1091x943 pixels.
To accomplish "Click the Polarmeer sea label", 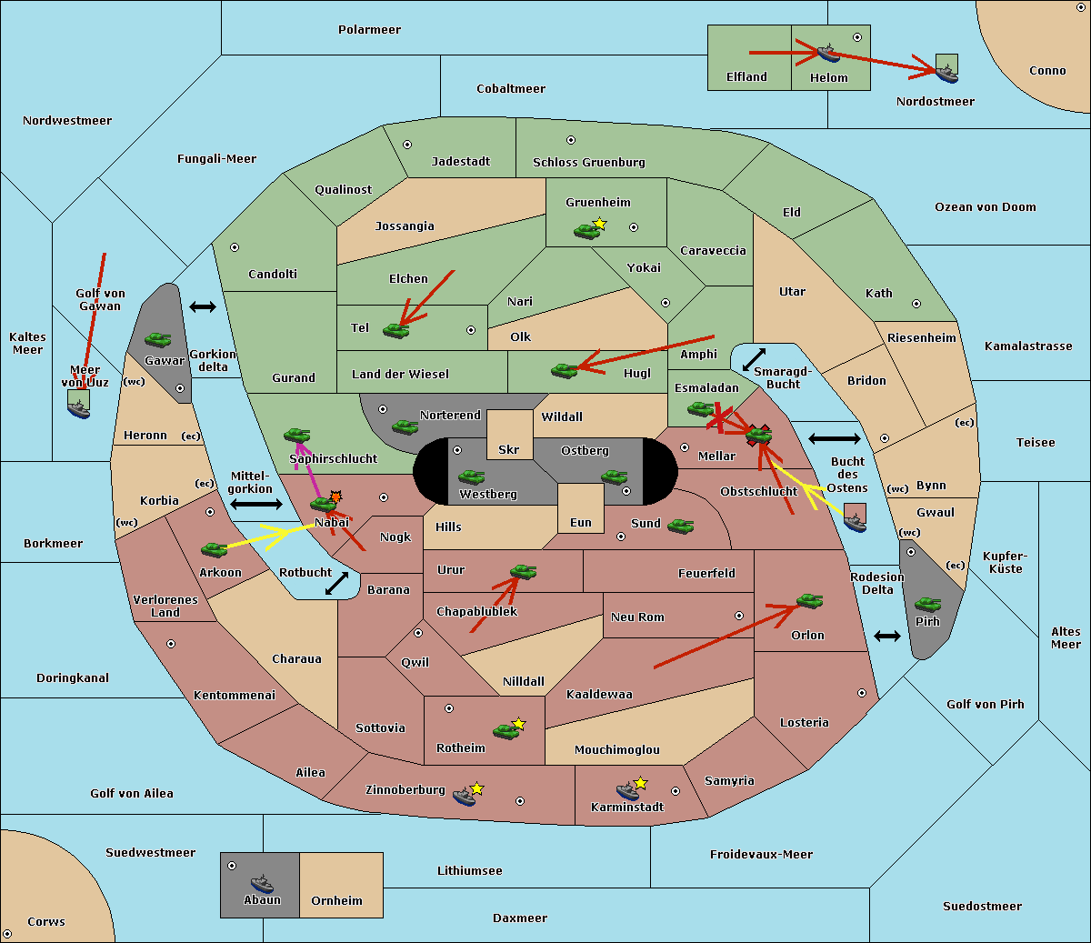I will pyautogui.click(x=369, y=30).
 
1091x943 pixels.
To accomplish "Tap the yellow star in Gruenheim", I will pyautogui.click(x=599, y=224).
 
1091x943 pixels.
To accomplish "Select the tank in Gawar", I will pyautogui.click(x=158, y=340).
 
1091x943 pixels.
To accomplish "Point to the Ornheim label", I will pyautogui.click(x=336, y=901).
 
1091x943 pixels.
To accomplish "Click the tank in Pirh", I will pyautogui.click(x=928, y=605).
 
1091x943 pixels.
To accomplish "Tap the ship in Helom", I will pyautogui.click(x=827, y=53).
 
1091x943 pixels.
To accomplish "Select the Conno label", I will pyautogui.click(x=1047, y=71).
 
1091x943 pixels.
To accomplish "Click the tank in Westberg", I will pyautogui.click(x=471, y=477).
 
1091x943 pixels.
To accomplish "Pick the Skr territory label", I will pyautogui.click(x=509, y=450).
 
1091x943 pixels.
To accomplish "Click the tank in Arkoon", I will pyautogui.click(x=215, y=549).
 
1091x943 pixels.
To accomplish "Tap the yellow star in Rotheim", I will pyautogui.click(x=519, y=724).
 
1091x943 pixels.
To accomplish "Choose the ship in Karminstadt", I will pyautogui.click(x=627, y=791).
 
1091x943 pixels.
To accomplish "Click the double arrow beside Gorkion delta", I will pyautogui.click(x=203, y=307).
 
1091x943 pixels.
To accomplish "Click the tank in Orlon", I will pyautogui.click(x=809, y=601).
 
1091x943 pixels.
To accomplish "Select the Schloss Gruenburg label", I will pyautogui.click(x=588, y=163).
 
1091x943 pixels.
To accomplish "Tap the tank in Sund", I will pyautogui.click(x=681, y=526).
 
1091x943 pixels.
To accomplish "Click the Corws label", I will pyautogui.click(x=46, y=922).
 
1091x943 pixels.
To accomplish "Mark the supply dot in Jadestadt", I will pyautogui.click(x=407, y=145).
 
